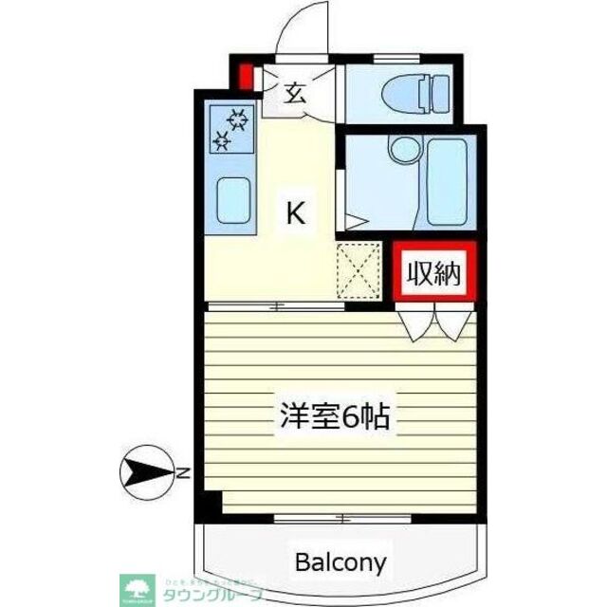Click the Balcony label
340,561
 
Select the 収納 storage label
433,274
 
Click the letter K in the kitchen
296,214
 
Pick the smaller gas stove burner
224,142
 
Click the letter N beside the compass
181,471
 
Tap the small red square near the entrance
245,76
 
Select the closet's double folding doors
435,322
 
